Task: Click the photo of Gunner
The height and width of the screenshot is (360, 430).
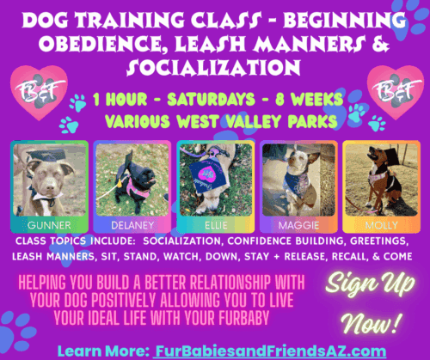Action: [x=51, y=179]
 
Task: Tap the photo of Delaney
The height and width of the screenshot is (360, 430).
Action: [x=131, y=179]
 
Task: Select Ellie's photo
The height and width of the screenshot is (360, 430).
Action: [x=212, y=179]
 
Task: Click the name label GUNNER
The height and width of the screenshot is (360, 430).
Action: [x=51, y=222]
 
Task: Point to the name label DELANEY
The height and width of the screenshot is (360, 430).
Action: [x=131, y=222]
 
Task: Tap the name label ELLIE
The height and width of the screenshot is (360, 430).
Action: [x=212, y=222]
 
